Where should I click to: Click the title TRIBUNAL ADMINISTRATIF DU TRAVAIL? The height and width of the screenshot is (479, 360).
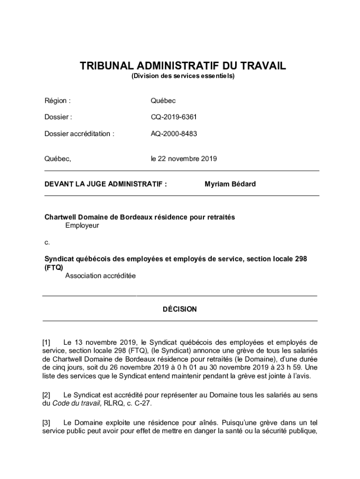(183, 66)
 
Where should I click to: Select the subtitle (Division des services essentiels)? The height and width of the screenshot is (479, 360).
(183, 75)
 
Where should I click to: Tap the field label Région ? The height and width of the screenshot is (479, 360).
(58, 101)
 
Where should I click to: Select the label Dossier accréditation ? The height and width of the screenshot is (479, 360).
(79, 133)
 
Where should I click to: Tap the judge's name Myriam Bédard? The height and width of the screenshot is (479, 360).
(230, 184)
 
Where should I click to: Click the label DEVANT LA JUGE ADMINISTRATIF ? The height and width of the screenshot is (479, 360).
(106, 184)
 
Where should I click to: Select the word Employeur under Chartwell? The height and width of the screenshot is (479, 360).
(82, 225)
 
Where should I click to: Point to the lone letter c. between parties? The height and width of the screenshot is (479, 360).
(47, 242)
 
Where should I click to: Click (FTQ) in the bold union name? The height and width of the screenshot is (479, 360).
(53, 267)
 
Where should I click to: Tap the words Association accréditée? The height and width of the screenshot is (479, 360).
(101, 276)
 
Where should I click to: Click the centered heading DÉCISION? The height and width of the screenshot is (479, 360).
(180, 309)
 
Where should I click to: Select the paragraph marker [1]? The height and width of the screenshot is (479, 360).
(47, 342)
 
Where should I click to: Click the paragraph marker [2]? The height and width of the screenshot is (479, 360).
(47, 395)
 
